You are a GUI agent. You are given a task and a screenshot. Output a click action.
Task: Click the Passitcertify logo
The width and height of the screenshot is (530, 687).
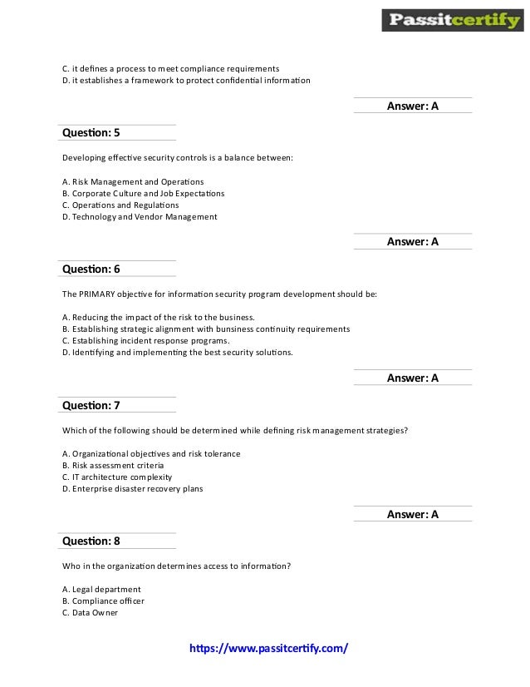(x=452, y=20)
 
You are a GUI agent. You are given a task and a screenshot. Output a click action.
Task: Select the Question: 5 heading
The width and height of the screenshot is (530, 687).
(x=91, y=132)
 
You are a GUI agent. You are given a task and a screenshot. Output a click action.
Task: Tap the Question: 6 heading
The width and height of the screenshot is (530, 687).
(x=91, y=269)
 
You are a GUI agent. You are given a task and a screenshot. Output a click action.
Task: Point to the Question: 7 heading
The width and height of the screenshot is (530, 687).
(x=91, y=405)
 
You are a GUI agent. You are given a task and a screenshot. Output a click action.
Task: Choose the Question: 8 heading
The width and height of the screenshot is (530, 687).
(x=91, y=541)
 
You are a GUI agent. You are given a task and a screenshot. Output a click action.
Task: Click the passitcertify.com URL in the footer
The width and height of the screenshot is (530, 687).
(x=269, y=647)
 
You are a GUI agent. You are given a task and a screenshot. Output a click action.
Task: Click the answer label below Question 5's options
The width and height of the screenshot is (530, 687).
(x=412, y=242)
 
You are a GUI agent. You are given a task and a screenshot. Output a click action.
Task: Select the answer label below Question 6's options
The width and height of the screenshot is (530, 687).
(x=412, y=378)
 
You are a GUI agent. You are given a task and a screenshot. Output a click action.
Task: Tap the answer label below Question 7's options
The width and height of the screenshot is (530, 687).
(x=412, y=514)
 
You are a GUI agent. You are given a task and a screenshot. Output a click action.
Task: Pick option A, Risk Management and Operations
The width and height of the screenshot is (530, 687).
(x=133, y=181)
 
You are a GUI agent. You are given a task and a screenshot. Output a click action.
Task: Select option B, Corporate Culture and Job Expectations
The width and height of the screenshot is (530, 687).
(x=143, y=193)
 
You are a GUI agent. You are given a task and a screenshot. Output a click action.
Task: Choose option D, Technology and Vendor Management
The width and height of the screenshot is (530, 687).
(x=140, y=216)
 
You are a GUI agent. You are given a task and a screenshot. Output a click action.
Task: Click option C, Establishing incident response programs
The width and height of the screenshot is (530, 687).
(x=145, y=340)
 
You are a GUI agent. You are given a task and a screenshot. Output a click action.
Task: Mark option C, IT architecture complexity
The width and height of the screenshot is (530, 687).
(x=117, y=477)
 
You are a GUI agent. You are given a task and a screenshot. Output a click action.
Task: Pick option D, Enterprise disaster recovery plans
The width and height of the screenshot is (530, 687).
(x=132, y=489)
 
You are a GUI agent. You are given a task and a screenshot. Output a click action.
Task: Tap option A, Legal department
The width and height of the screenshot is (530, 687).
(x=101, y=590)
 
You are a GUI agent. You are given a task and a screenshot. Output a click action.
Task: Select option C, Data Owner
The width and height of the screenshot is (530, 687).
(x=90, y=613)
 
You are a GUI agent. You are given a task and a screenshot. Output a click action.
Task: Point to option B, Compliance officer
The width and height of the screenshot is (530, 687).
(x=103, y=601)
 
